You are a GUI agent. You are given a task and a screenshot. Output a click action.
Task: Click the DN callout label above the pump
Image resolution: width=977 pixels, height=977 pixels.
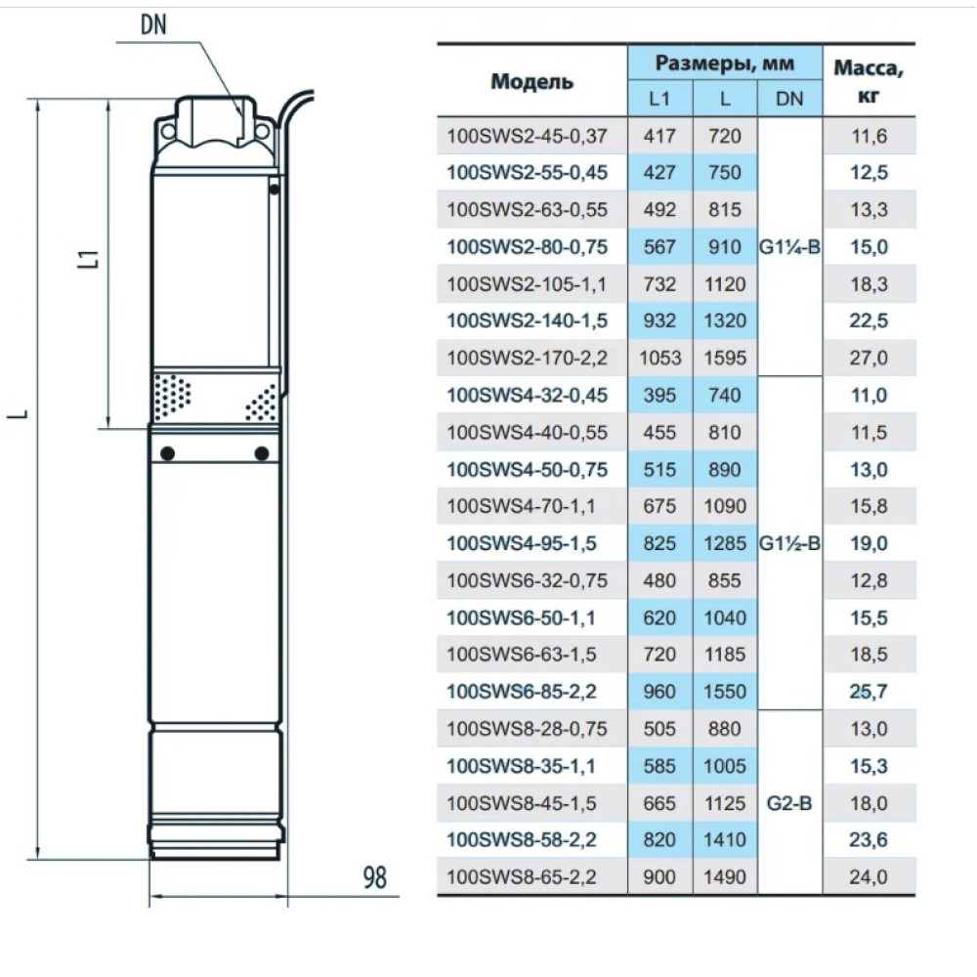click(x=154, y=25)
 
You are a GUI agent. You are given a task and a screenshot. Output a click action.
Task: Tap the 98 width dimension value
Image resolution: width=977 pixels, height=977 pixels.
click(x=374, y=877)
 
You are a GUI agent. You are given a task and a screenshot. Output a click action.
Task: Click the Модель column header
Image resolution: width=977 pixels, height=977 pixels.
click(x=531, y=82)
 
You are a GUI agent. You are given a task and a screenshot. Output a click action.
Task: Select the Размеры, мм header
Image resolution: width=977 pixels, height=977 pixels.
click(x=725, y=63)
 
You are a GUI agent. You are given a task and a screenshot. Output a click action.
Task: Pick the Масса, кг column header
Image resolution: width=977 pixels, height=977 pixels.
click(x=869, y=81)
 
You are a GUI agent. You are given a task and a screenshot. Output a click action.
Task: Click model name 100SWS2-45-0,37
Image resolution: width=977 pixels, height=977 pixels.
click(x=527, y=136)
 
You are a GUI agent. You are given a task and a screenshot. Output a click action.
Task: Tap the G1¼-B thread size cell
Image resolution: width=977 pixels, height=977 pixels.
click(x=789, y=247)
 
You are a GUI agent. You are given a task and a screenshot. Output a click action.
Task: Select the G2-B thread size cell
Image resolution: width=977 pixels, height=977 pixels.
click(x=789, y=803)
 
